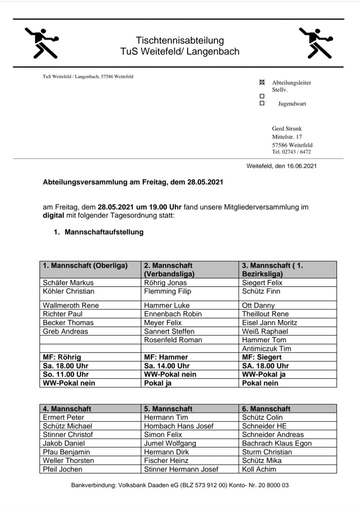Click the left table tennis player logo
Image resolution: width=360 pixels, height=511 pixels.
coord(42,42)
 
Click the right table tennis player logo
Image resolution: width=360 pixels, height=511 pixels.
coord(316,42)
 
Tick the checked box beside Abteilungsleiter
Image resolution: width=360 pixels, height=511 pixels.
coord(262,82)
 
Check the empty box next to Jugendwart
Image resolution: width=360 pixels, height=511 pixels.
coord(262,103)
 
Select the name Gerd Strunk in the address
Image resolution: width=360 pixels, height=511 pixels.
coord(287,128)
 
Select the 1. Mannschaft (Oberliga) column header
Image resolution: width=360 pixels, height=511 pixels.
coord(85,265)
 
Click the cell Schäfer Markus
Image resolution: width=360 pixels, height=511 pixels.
coord(68,282)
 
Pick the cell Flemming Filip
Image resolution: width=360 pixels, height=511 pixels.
coord(167,291)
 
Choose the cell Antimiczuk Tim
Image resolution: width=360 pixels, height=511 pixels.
coord(266,348)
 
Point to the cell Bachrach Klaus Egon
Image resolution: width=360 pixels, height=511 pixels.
coord(277,443)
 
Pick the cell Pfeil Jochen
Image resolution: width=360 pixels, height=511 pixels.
coord(63,469)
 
